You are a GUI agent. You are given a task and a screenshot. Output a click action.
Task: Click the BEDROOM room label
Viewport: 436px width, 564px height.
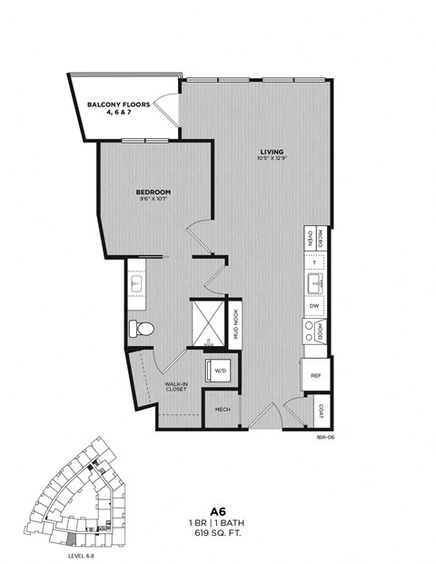[154, 193]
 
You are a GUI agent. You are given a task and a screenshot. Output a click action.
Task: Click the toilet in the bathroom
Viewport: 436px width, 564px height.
[144, 328]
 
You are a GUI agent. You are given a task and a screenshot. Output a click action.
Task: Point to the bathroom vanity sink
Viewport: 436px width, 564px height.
[136, 283]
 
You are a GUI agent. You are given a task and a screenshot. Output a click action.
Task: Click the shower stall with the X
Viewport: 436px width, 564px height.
[208, 322]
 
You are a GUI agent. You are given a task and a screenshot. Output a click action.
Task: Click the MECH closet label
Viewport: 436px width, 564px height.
[221, 410]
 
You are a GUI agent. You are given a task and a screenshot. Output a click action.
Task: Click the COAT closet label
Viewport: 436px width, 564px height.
[321, 410]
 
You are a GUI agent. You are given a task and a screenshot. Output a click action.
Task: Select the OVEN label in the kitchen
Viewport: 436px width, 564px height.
[311, 239]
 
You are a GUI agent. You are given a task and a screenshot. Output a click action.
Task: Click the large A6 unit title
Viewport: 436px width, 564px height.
[218, 512]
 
